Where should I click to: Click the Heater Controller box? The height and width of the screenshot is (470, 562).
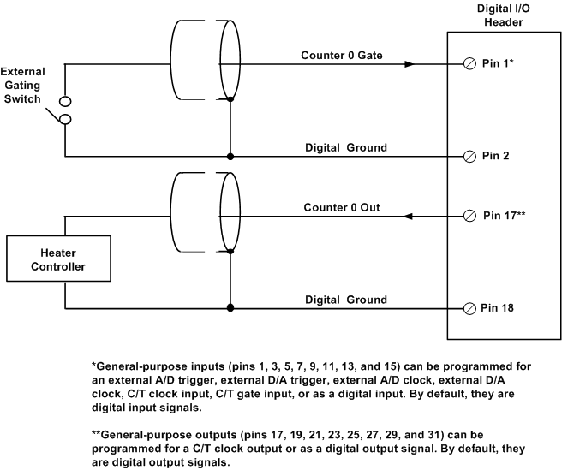[x=58, y=259]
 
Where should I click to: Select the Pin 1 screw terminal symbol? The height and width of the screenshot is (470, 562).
[x=469, y=64]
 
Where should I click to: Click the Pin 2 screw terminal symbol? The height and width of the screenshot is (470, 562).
[x=469, y=157]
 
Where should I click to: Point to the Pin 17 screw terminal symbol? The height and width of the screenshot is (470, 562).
[x=469, y=217]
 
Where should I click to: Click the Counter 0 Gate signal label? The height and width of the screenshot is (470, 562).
[x=341, y=55]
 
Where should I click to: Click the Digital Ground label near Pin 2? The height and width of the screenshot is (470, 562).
[x=346, y=147]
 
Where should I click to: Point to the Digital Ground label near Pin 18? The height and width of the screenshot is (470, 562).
[x=346, y=299]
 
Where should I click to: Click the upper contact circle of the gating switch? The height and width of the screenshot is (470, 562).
[x=64, y=101]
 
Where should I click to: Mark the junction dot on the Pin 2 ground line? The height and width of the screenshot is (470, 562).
[x=230, y=157]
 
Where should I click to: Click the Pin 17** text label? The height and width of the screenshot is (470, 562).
[x=505, y=217]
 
